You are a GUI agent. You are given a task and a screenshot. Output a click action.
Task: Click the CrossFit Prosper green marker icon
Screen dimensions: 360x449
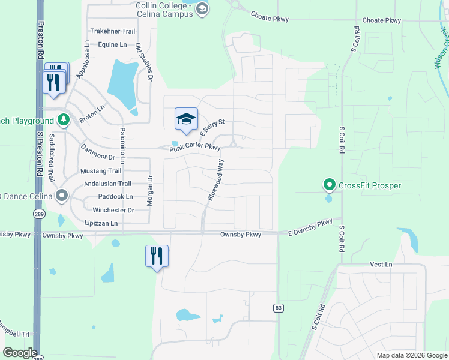(328, 185)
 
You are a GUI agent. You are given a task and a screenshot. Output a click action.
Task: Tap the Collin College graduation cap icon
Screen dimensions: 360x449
(202, 8)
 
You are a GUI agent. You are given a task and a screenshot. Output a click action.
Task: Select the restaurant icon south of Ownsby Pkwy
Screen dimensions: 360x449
(157, 256)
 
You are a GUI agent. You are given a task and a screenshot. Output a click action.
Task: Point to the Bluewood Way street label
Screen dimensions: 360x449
(215, 180)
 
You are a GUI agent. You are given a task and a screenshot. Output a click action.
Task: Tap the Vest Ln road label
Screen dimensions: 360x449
(381, 264)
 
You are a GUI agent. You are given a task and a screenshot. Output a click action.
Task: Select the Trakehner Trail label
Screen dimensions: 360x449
(113, 31)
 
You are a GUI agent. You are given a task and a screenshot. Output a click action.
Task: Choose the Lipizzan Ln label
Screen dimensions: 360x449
(101, 223)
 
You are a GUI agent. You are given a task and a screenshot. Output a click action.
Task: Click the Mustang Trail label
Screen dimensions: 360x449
(101, 171)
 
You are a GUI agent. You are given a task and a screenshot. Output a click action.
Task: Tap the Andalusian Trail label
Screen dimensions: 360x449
(107, 184)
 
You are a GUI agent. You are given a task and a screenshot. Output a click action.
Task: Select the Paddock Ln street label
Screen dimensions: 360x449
(113, 197)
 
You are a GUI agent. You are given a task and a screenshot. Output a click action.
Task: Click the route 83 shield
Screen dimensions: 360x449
(278, 308)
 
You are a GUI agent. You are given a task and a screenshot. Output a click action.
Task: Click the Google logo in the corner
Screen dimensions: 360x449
(20, 353)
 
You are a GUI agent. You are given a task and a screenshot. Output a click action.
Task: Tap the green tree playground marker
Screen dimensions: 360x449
(63, 120)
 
